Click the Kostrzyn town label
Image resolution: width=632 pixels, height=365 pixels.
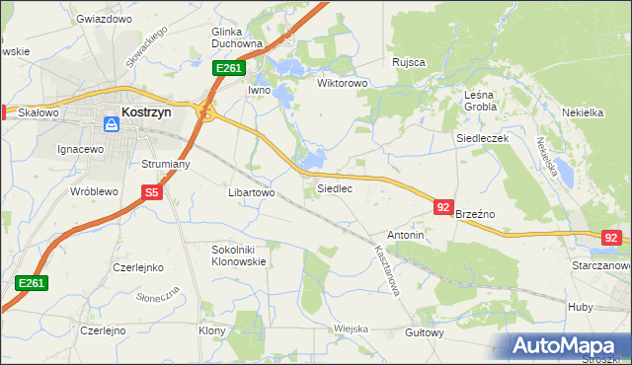(x=146, y=112)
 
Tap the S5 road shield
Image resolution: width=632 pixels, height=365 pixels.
(x=151, y=194)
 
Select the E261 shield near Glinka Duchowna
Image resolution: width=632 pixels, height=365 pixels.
(x=228, y=68)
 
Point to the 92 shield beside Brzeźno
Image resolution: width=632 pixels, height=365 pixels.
(x=443, y=207)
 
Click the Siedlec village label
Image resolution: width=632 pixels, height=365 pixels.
(x=334, y=187)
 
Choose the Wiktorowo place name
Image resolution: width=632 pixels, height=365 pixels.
(x=342, y=84)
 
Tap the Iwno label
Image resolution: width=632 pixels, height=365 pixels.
(x=259, y=90)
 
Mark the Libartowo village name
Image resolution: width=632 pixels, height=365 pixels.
(x=251, y=193)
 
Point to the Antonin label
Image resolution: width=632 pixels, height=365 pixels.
(x=405, y=236)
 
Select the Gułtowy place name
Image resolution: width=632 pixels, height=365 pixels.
(x=424, y=332)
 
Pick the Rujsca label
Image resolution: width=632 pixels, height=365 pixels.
(x=408, y=62)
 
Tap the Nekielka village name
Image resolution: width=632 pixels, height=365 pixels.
(x=582, y=112)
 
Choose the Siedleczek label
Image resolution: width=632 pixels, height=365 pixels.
(x=482, y=139)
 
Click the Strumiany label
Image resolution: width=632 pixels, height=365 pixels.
(x=165, y=165)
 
